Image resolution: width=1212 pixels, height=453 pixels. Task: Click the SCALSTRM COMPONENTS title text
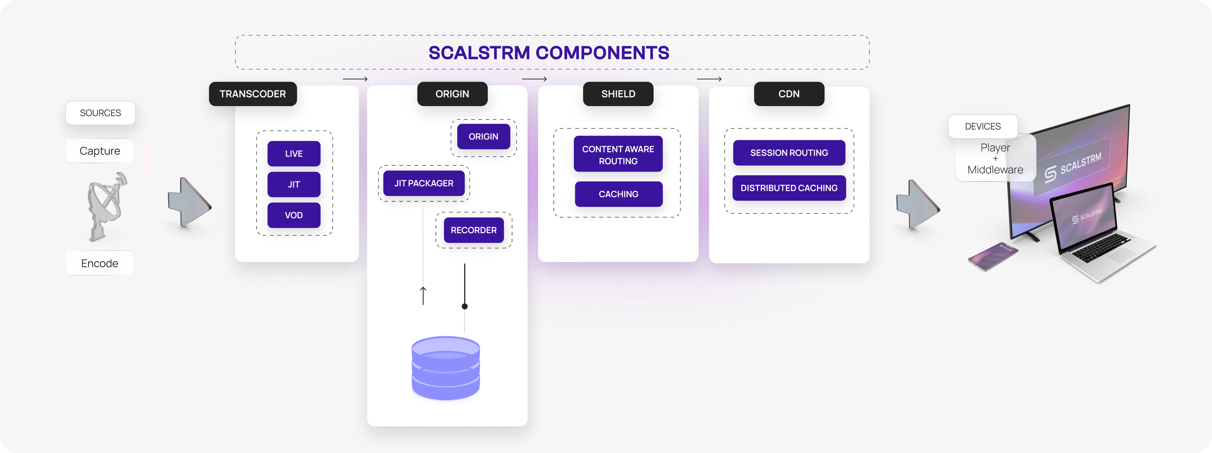pyautogui.click(x=549, y=53)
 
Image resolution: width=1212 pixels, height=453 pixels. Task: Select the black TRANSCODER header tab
pyautogui.click(x=253, y=94)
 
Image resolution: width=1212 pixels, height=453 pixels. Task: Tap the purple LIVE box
pyautogui.click(x=293, y=154)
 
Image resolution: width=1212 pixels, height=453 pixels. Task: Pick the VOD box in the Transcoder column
pyautogui.click(x=293, y=215)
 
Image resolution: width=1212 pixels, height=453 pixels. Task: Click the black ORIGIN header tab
pyautogui.click(x=452, y=94)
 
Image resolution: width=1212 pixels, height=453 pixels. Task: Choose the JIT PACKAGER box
pyautogui.click(x=423, y=183)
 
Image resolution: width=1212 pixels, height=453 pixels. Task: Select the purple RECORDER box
pyautogui.click(x=473, y=230)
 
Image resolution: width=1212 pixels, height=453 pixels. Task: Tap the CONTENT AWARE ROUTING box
pyautogui.click(x=618, y=155)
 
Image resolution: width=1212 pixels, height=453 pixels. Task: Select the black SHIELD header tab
pyautogui.click(x=618, y=94)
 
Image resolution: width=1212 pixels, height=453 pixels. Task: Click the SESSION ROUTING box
pyautogui.click(x=789, y=153)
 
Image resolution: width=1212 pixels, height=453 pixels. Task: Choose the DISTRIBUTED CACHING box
pyautogui.click(x=789, y=188)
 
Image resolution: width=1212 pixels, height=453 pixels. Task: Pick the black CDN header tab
pyautogui.click(x=789, y=94)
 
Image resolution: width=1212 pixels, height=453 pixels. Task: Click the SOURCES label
pyautogui.click(x=100, y=113)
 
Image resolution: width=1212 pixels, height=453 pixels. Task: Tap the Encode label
pyautogui.click(x=100, y=263)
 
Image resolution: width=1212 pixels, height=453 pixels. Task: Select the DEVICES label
pyautogui.click(x=983, y=126)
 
